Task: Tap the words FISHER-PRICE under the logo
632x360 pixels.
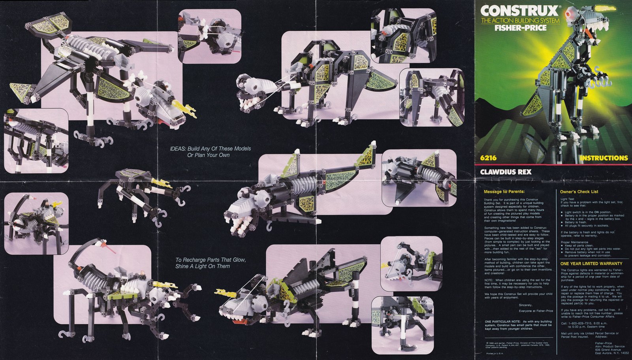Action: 514,28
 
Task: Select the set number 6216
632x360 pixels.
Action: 488,158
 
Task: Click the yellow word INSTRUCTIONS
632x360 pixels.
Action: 604,158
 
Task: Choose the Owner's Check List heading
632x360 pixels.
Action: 579,192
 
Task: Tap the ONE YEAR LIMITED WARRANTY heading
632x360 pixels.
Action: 591,264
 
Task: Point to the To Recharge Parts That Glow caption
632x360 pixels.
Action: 211,263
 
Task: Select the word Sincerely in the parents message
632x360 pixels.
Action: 525,305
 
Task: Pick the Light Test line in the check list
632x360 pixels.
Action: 567,199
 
